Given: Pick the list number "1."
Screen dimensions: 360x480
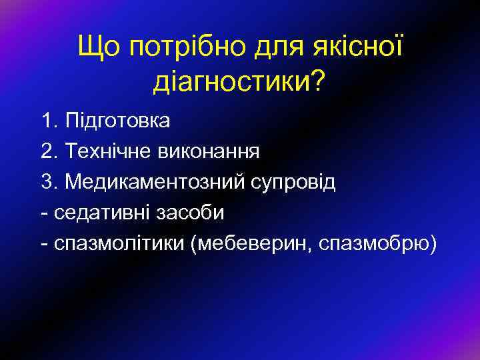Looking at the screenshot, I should click(x=49, y=121).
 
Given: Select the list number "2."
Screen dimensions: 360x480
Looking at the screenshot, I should click(x=49, y=151).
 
